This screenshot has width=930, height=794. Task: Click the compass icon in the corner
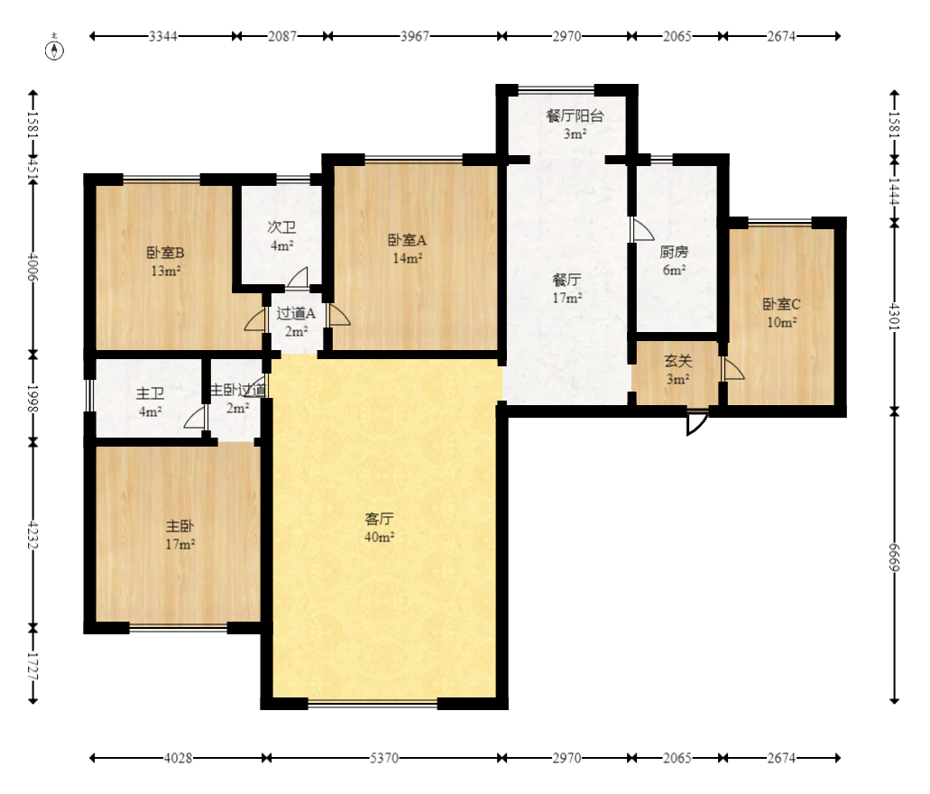pyautogui.click(x=54, y=51)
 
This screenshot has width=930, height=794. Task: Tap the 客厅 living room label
pyautogui.click(x=379, y=519)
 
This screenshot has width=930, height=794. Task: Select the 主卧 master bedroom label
pyautogui.click(x=180, y=526)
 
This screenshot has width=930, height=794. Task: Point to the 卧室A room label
pyautogui.click(x=407, y=240)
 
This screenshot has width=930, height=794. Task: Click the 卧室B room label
pyautogui.click(x=165, y=253)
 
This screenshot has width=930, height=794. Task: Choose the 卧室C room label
pyautogui.click(x=782, y=304)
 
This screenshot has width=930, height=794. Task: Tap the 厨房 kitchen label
pyautogui.click(x=674, y=253)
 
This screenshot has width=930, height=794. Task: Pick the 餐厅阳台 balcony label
pyautogui.click(x=575, y=115)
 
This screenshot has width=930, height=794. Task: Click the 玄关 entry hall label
pyautogui.click(x=678, y=361)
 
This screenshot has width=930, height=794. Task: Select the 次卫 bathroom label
pyautogui.click(x=281, y=227)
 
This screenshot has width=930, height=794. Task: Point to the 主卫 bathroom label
pyautogui.click(x=150, y=393)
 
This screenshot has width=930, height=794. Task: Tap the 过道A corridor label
pyautogui.click(x=296, y=313)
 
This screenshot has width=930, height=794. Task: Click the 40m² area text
pyautogui.click(x=380, y=538)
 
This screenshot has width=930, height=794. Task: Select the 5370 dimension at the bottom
pyautogui.click(x=384, y=758)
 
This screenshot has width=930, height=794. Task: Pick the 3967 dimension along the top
pyautogui.click(x=415, y=36)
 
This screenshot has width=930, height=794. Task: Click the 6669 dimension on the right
pyautogui.click(x=895, y=558)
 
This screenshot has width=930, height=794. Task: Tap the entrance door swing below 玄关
pyautogui.click(x=696, y=421)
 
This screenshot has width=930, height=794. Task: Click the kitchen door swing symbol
pyautogui.click(x=641, y=229)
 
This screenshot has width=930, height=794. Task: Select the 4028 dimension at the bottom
pyautogui.click(x=178, y=758)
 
